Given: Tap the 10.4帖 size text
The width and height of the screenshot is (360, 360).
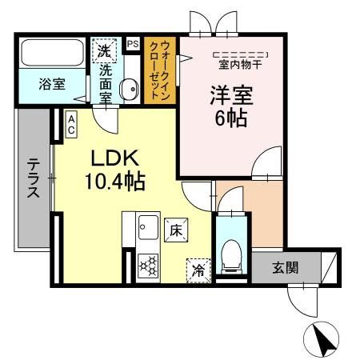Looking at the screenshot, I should [115, 182].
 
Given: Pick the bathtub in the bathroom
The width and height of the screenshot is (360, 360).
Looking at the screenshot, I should [52, 55].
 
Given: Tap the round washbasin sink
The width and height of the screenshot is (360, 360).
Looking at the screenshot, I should [128, 90].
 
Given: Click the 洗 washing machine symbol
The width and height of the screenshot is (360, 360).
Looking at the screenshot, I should [104, 50].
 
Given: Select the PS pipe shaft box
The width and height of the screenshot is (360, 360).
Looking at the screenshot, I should [132, 45].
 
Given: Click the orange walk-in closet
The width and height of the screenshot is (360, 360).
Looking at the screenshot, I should [160, 71].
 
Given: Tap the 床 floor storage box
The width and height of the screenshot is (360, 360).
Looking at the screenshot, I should [175, 230].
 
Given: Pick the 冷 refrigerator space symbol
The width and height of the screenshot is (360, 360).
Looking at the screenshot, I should [197, 270].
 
